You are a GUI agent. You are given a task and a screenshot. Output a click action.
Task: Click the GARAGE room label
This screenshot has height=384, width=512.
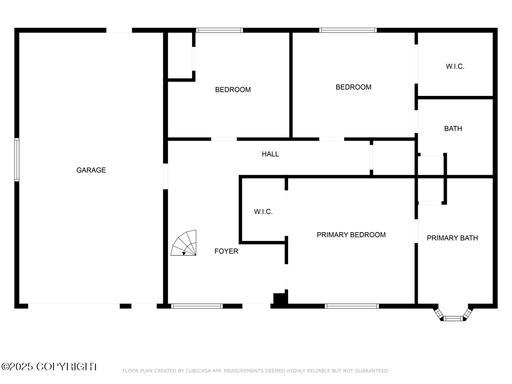[91, 170]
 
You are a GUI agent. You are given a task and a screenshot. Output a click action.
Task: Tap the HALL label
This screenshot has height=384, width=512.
[270, 154]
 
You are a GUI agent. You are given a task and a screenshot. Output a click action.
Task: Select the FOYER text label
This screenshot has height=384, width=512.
[226, 251]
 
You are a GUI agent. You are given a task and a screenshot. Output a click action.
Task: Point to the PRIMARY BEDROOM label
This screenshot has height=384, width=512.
[351, 235]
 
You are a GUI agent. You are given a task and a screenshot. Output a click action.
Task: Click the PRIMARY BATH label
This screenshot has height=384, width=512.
[452, 238]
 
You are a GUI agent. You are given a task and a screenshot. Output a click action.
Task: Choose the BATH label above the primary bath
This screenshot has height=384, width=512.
[453, 128]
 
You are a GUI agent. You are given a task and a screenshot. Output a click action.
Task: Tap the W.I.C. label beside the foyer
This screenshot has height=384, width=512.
[263, 212]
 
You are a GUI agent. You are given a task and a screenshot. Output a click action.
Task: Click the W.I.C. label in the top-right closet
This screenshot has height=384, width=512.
[455, 67]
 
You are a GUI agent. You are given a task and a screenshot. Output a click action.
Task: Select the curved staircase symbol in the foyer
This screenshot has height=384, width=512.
[183, 243]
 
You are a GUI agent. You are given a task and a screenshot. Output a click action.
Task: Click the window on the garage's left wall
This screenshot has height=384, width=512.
[17, 160]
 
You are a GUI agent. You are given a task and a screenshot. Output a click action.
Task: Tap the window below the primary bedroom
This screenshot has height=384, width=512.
[352, 306]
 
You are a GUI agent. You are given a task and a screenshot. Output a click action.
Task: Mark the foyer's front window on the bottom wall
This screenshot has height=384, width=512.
[197, 306]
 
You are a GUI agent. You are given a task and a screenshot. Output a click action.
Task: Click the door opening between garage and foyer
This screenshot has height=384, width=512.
[166, 176]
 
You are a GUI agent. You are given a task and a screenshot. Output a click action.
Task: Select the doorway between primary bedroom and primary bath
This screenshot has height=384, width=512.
[416, 231]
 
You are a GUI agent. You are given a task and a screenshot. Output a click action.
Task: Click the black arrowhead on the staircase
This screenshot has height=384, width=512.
[184, 253]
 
